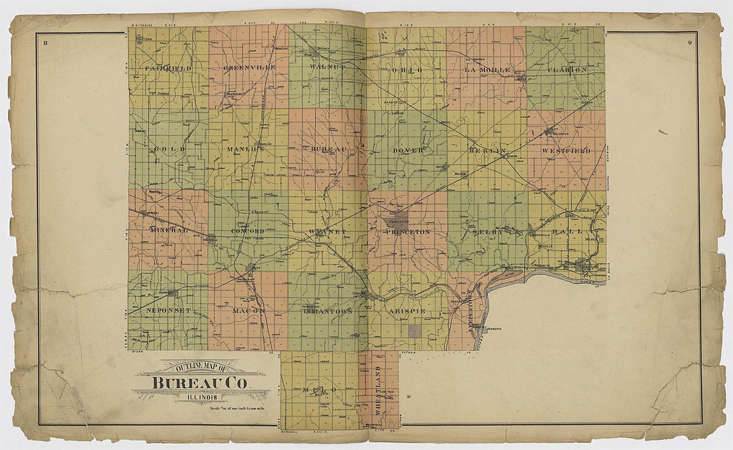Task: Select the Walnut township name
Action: pyautogui.click(x=327, y=68)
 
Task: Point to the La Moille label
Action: pyautogui.click(x=487, y=70)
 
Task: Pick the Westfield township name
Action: pyautogui.click(x=566, y=151)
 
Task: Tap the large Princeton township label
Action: pyautogui.click(x=407, y=232)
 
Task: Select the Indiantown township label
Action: pyautogui.click(x=327, y=311)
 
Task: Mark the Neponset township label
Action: pyautogui.click(x=168, y=310)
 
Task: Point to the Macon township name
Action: pyautogui.click(x=248, y=311)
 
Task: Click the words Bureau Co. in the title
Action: pyautogui.click(x=201, y=383)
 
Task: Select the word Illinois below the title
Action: pyautogui.click(x=201, y=398)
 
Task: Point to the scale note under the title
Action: pyautogui.click(x=238, y=408)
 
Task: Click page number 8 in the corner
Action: pyautogui.click(x=44, y=43)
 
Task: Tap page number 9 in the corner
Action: pyautogui.click(x=690, y=43)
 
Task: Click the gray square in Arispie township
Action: pyautogui.click(x=415, y=331)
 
